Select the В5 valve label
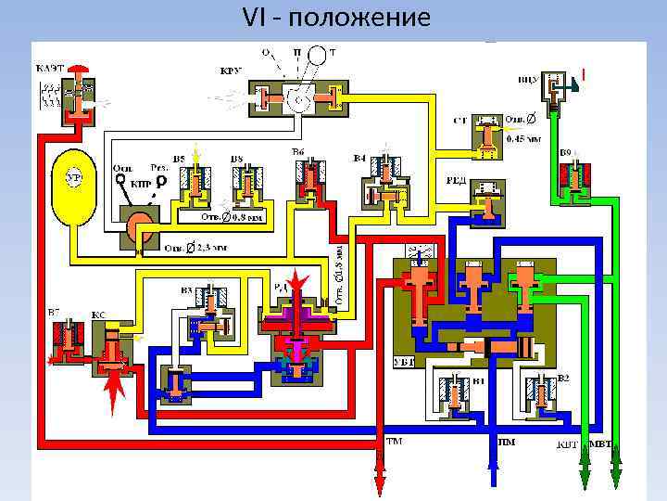coord(178,158)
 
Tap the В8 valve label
coord(236,158)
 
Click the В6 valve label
coord(297,151)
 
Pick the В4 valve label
coord(360,158)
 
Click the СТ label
coord(460,121)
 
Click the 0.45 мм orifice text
coord(523,138)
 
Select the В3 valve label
coord(186,290)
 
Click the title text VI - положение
coord(336,19)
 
